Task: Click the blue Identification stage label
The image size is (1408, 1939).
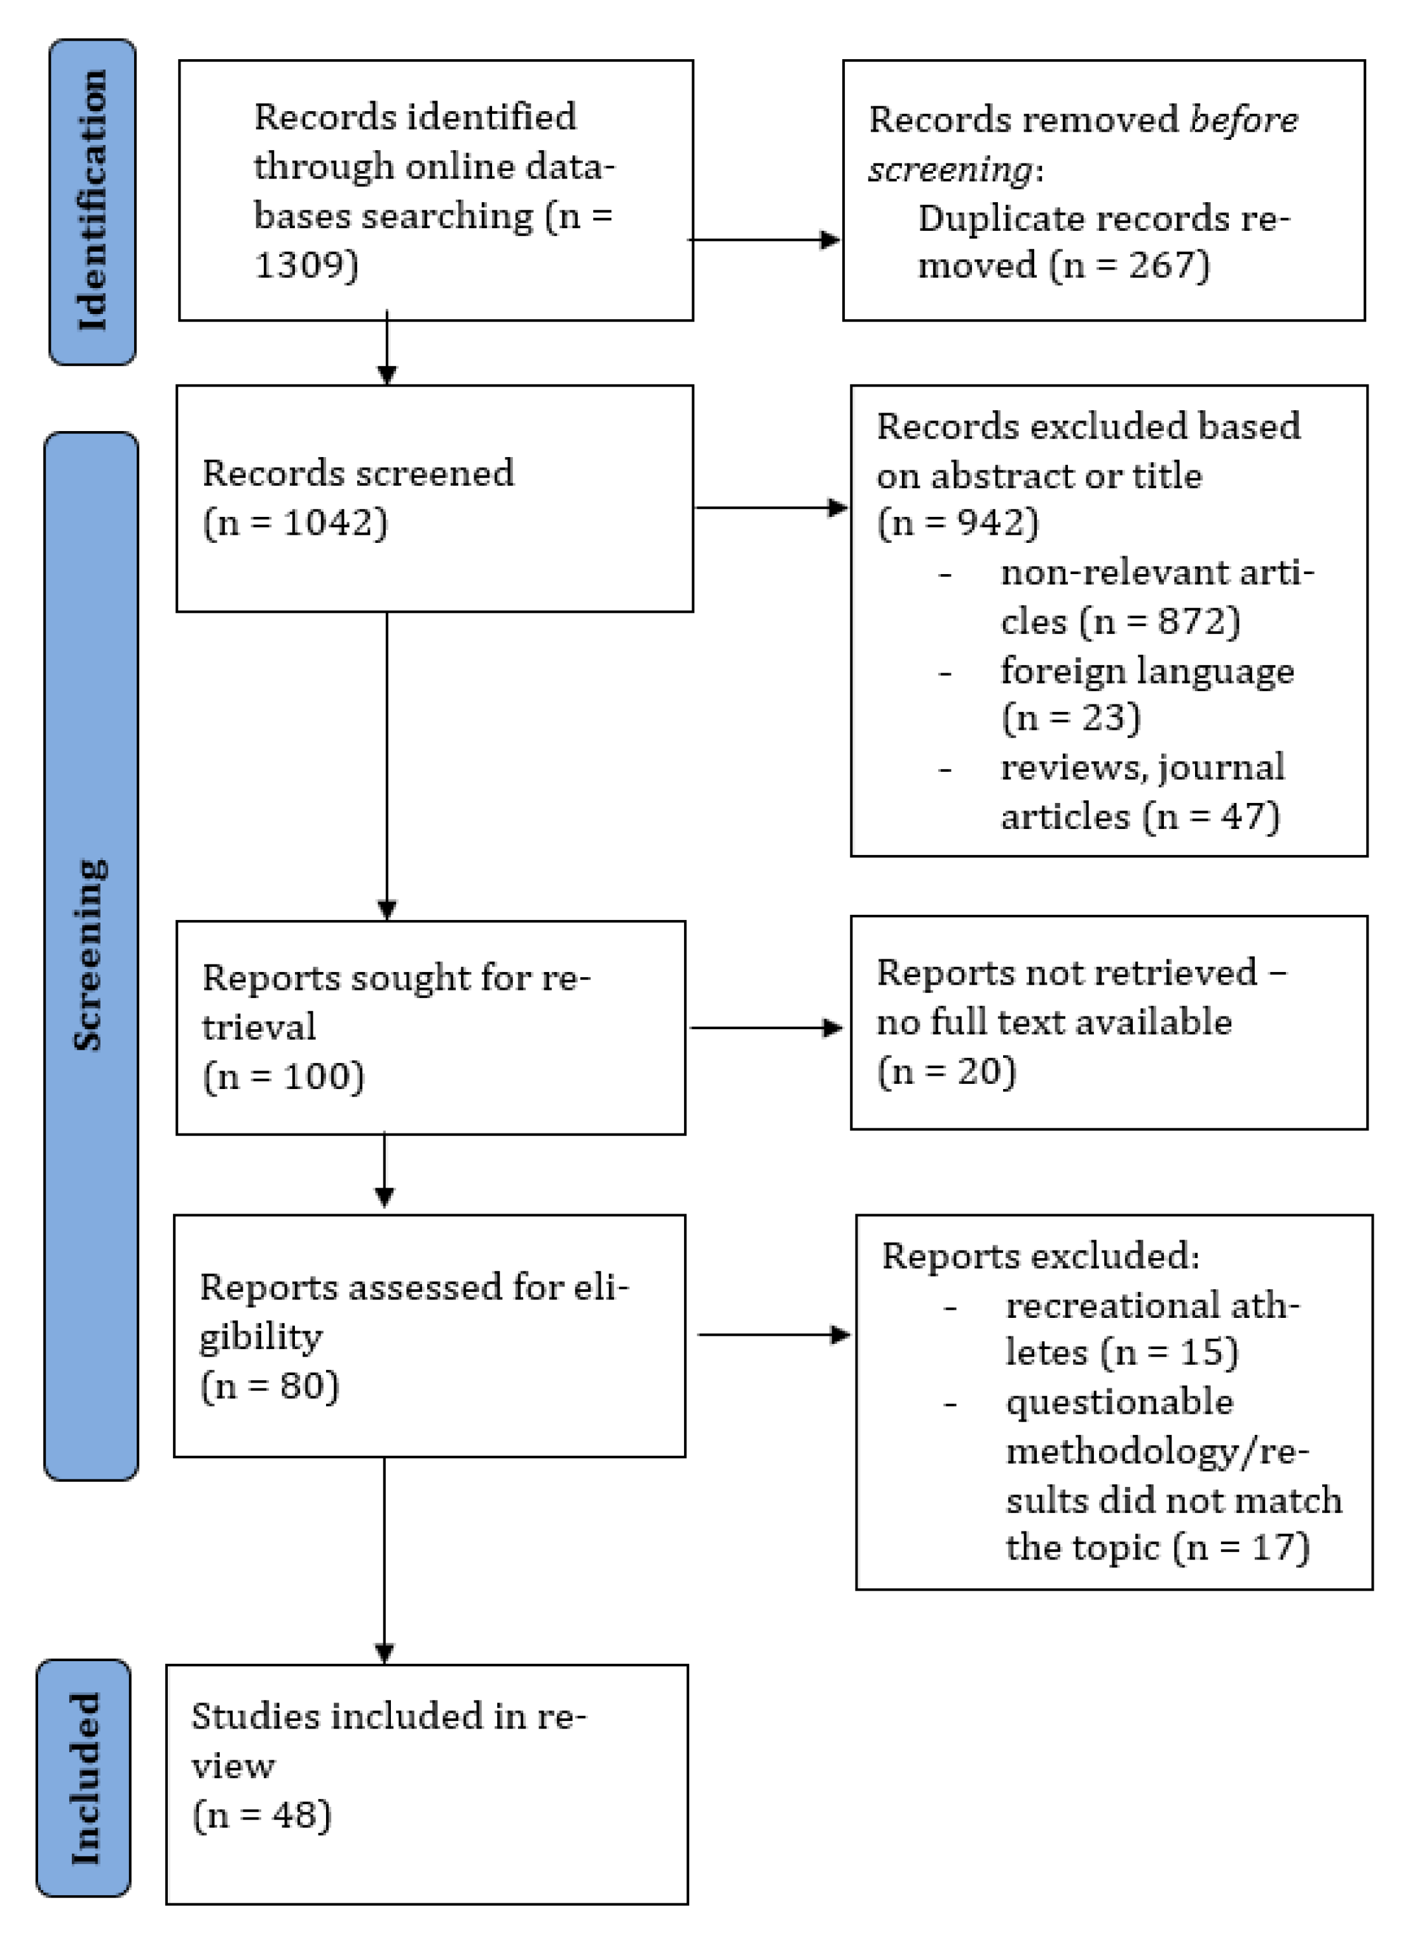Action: tap(92, 202)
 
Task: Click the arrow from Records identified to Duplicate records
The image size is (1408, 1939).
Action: tap(764, 240)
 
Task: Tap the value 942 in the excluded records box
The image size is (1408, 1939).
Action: tap(991, 523)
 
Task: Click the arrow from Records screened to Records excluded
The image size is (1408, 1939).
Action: tap(771, 508)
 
